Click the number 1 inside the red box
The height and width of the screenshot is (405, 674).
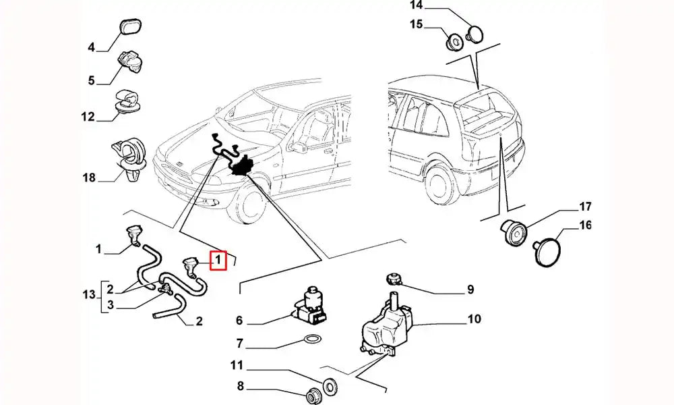click(x=218, y=260)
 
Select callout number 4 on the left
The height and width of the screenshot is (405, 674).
click(x=91, y=47)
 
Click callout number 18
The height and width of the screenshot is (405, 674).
click(x=89, y=178)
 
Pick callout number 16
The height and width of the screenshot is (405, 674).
click(x=584, y=225)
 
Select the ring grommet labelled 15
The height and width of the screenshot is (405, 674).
click(x=455, y=42)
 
